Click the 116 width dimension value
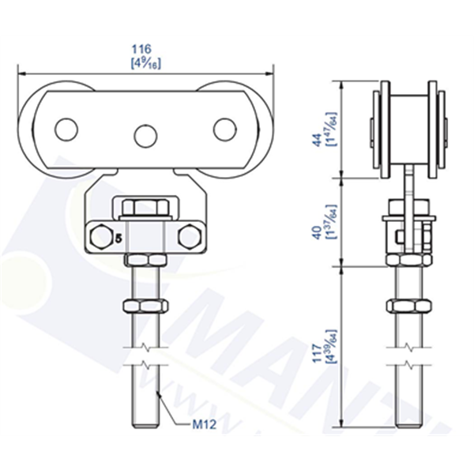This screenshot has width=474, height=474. point(145,49)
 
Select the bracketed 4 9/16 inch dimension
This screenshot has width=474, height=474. point(145,62)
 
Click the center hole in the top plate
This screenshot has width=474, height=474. point(145,136)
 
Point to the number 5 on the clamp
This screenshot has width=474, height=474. point(118,236)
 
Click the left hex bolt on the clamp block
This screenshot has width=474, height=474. point(100,235)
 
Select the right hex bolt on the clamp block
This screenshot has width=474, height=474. point(190,235)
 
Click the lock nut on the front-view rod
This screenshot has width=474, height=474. point(145,305)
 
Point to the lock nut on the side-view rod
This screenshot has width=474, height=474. point(408,305)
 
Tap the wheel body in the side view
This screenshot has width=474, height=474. point(408,126)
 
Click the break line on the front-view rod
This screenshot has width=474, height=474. point(145,355)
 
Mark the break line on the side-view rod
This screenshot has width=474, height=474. point(408,355)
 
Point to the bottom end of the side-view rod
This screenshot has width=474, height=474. point(408,423)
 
